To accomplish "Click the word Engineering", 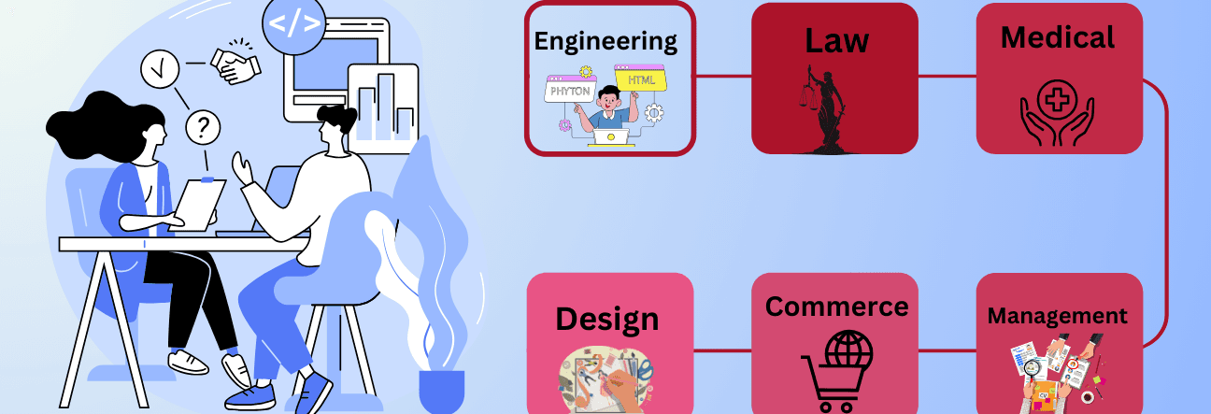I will (x=605, y=41).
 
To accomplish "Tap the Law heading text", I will (x=835, y=40).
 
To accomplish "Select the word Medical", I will (x=1058, y=37).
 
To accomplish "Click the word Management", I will (x=1058, y=316).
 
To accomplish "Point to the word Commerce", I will (x=836, y=307).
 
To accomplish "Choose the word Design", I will (x=607, y=319).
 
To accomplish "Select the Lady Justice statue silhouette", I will (x=822, y=110).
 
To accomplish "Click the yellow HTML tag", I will (x=641, y=80).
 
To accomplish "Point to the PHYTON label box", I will (x=571, y=93).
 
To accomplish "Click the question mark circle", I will (x=203, y=127).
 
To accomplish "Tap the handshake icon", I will (x=235, y=63).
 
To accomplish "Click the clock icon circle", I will (x=159, y=68).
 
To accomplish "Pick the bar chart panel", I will (x=381, y=104).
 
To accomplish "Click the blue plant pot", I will (x=441, y=391).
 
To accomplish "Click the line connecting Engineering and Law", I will (x=723, y=77).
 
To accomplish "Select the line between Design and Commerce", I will (x=722, y=351).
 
